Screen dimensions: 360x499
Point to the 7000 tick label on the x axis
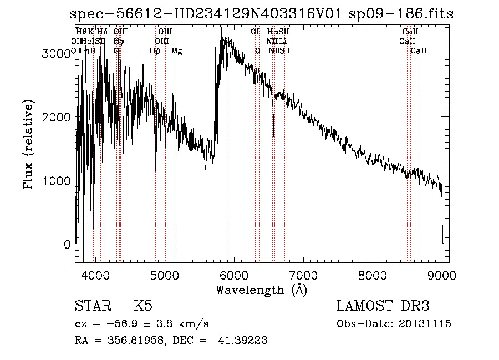coord(303,275)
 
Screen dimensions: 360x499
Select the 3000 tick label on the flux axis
coord(58,54)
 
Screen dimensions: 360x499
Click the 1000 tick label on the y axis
coord(58,181)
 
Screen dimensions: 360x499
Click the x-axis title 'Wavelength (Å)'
coord(261,290)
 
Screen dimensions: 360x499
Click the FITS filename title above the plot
coord(262,13)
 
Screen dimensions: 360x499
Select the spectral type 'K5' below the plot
coord(143,306)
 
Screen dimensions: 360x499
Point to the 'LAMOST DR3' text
coord(383,306)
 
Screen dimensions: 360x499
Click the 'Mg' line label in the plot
coord(177,51)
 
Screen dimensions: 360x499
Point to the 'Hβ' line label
coord(155,51)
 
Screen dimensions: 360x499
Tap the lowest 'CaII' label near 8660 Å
coord(419,51)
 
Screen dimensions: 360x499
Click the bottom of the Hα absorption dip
coord(273,135)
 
